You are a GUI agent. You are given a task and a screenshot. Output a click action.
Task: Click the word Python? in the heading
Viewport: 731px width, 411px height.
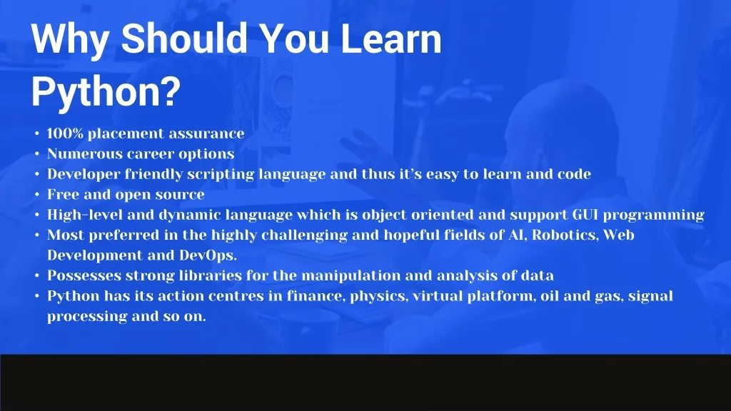click(106, 92)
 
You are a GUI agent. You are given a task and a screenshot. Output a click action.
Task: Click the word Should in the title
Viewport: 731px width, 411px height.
click(183, 39)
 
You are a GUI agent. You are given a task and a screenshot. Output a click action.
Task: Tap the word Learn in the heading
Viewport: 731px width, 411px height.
click(391, 39)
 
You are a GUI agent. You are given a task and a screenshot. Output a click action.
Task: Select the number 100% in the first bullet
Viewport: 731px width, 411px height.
click(65, 133)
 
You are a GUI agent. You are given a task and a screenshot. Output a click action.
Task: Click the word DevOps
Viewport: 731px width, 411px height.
click(208, 256)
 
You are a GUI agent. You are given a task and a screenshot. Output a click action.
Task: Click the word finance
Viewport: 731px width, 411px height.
click(316, 296)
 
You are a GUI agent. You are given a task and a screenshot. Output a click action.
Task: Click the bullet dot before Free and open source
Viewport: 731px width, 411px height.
click(37, 195)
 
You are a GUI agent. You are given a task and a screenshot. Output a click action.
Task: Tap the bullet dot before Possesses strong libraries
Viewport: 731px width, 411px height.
click(37, 276)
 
